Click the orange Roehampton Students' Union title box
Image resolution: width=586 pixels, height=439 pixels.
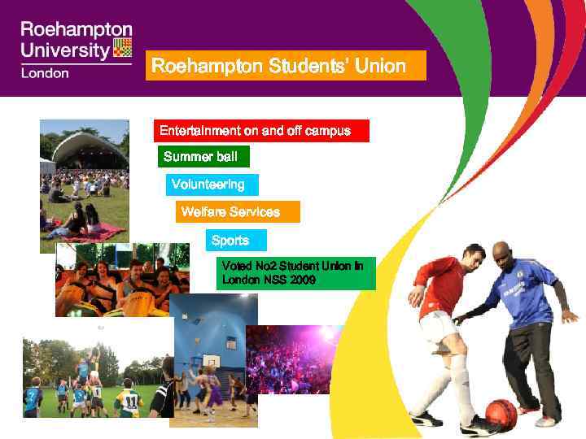click(x=286, y=66)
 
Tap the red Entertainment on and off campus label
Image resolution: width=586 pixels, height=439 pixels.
click(x=261, y=131)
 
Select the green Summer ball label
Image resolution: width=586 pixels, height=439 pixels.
click(x=203, y=156)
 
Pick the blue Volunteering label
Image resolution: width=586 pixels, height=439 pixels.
click(x=212, y=185)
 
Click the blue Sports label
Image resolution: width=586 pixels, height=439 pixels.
click(x=235, y=241)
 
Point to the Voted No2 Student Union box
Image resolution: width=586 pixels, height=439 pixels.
click(x=297, y=273)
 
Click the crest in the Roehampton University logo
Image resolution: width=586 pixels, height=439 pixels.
click(x=122, y=47)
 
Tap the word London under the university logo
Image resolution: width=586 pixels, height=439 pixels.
click(x=45, y=72)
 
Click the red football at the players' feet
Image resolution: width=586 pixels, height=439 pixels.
click(x=501, y=412)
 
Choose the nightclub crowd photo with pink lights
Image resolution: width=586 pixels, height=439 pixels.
click(x=293, y=359)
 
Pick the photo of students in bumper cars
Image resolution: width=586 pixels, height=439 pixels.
click(x=122, y=280)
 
